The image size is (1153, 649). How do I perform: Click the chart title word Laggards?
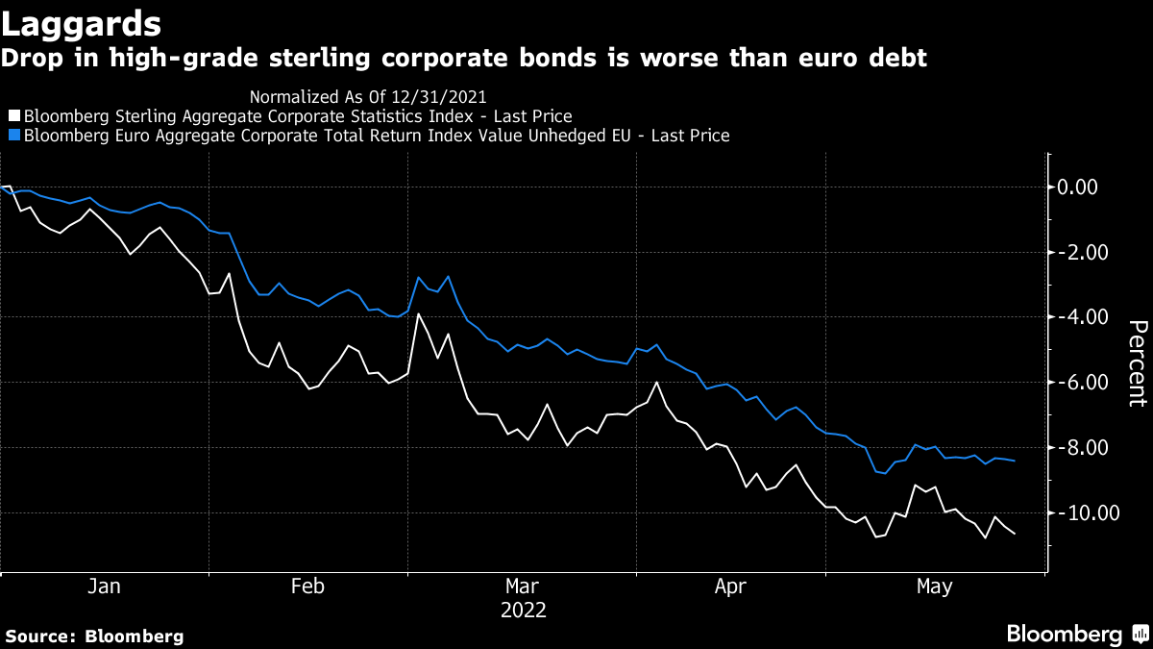point(81,21)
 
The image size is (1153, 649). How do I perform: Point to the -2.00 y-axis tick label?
point(1080,252)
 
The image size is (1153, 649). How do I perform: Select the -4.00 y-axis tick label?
point(1080,317)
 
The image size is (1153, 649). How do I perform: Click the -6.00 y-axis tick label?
point(1080,383)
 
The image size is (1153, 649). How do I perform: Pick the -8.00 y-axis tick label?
point(1080,448)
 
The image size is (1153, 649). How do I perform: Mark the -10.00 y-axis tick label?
point(1084,513)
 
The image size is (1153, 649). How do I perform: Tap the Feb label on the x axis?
point(307,587)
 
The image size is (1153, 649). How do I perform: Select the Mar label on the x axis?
point(522,587)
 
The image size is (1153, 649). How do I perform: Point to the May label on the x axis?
point(935,587)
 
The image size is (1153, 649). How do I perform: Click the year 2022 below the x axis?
point(523,611)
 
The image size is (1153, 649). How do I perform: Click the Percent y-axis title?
point(1137,363)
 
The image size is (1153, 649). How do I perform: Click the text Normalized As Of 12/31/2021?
point(368,96)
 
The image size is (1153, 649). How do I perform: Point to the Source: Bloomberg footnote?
point(94,636)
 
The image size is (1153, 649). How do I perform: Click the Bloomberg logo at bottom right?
point(1076,635)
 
